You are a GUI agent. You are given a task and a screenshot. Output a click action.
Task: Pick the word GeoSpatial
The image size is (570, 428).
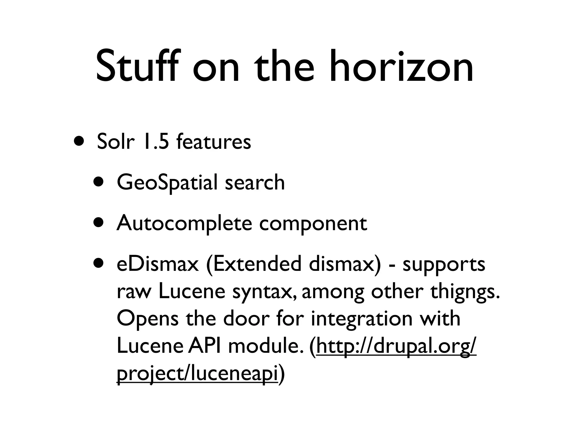click(x=167, y=183)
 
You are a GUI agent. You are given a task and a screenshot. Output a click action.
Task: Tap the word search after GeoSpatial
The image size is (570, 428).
click(x=255, y=183)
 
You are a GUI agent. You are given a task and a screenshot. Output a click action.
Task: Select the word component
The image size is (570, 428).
click(x=313, y=223)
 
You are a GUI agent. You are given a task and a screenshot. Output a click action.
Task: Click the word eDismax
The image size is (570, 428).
click(x=158, y=264)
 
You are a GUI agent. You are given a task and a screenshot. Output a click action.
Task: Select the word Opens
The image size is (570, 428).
click(x=148, y=318)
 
